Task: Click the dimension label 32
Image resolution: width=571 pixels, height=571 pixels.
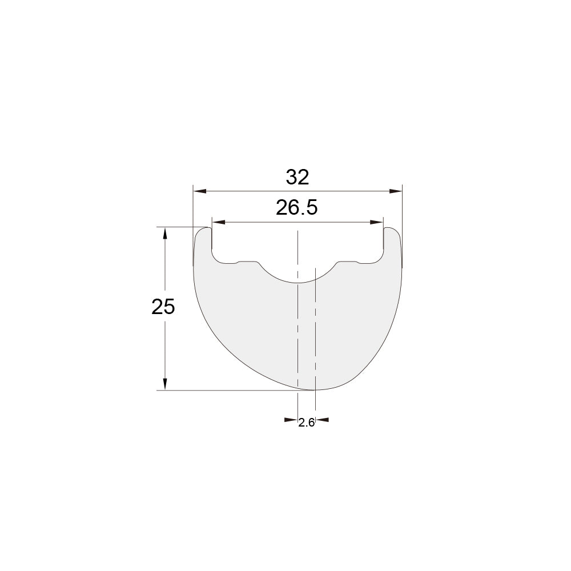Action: point(297,178)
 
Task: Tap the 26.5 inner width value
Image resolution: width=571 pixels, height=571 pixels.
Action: point(297,208)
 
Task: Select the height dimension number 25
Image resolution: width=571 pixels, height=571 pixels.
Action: point(163,307)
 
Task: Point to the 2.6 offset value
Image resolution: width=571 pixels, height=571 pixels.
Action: point(306,423)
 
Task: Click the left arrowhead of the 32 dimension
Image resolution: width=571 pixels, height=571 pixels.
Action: point(200,191)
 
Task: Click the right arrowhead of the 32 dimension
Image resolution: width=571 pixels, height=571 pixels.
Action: point(396,191)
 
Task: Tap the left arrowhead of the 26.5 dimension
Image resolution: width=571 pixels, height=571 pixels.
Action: point(219,222)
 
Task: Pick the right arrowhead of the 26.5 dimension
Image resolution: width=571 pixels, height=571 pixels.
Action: point(376,222)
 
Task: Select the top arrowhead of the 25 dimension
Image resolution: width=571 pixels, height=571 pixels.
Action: point(165,234)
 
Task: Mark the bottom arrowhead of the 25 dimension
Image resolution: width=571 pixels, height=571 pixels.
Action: point(165,384)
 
